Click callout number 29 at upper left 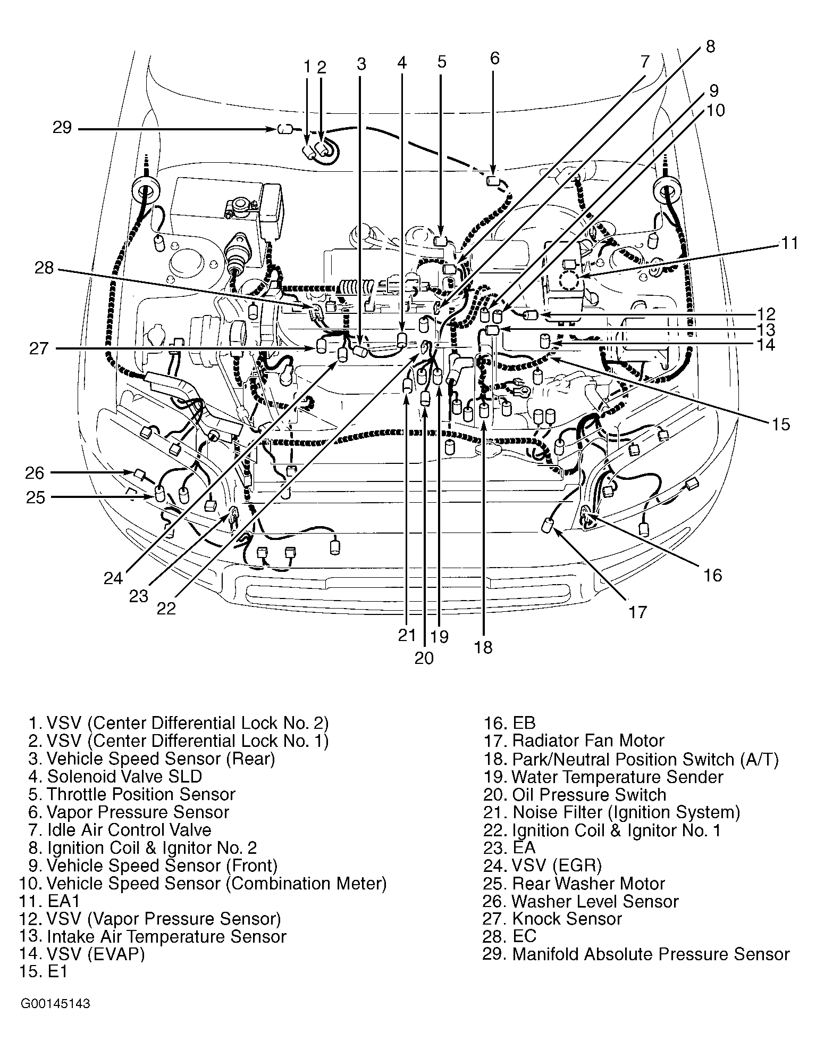click(62, 128)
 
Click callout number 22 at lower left click(166, 608)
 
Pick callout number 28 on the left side click(44, 268)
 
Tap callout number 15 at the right click(781, 425)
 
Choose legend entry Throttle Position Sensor click(132, 794)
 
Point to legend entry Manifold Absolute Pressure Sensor click(636, 954)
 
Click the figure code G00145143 click(55, 1004)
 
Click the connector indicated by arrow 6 click(493, 180)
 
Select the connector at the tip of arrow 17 click(548, 526)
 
